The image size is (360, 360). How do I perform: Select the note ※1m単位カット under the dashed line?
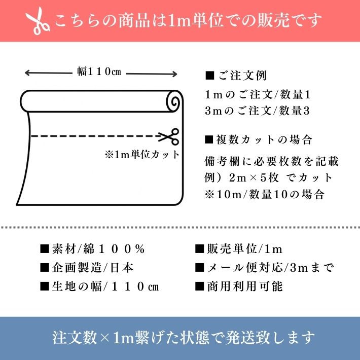[142, 155]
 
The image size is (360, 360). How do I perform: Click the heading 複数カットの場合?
[258, 139]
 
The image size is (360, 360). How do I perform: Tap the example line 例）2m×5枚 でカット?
[269, 177]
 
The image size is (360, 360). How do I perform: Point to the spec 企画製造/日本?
[87, 268]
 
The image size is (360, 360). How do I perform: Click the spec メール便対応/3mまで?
[264, 268]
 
